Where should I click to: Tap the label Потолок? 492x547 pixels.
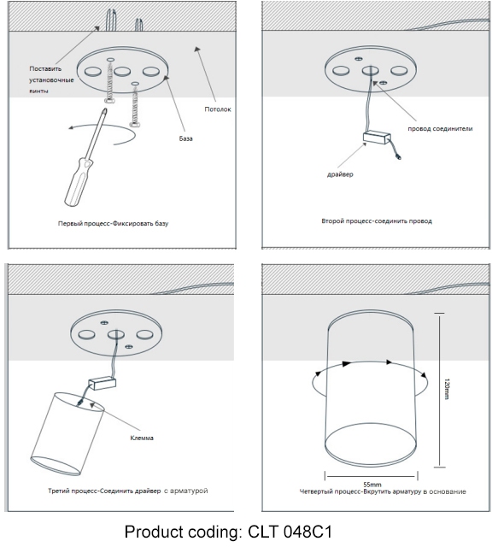pyautogui.click(x=218, y=109)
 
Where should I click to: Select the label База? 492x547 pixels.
pyautogui.click(x=186, y=138)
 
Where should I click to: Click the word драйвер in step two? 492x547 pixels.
pyautogui.click(x=340, y=174)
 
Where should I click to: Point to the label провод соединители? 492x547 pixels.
pyautogui.click(x=440, y=128)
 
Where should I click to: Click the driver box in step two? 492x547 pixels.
pyautogui.click(x=377, y=138)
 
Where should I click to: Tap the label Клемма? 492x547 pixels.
pyautogui.click(x=142, y=438)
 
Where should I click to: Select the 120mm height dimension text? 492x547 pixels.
pyautogui.click(x=447, y=389)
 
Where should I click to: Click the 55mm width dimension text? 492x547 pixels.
pyautogui.click(x=372, y=485)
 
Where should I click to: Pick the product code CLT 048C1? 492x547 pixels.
pyautogui.click(x=290, y=532)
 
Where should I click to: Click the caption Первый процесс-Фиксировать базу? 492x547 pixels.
pyautogui.click(x=113, y=223)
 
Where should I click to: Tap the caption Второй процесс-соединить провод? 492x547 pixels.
pyautogui.click(x=377, y=221)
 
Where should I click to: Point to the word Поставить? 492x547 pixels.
pyautogui.click(x=45, y=68)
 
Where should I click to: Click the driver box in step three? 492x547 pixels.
pyautogui.click(x=102, y=384)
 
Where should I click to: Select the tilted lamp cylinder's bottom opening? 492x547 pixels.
pyautogui.click(x=56, y=466)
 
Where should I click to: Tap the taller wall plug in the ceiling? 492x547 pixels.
pyautogui.click(x=111, y=20)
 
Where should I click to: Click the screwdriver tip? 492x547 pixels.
pyautogui.click(x=104, y=111)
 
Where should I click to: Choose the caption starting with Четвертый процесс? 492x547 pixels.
pyautogui.click(x=383, y=491)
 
